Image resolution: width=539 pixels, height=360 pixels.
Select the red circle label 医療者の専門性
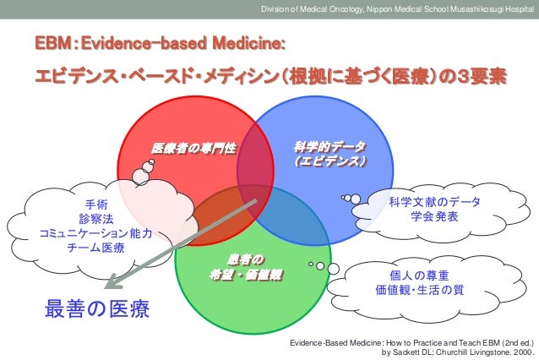click(193, 148)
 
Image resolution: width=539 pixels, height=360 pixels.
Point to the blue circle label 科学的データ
click(324, 146)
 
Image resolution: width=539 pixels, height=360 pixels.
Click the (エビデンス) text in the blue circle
click(324, 161)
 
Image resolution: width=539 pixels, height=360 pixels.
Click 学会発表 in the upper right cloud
click(434, 216)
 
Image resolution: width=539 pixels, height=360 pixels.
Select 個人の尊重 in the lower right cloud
click(419, 275)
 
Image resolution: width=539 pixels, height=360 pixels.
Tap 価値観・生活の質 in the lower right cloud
click(419, 291)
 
